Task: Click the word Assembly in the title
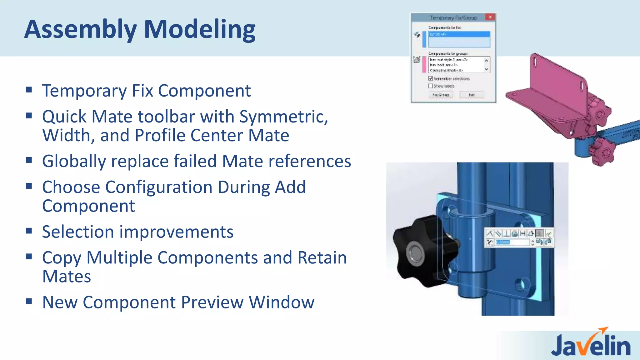pyautogui.click(x=80, y=30)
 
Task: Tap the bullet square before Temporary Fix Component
pyautogui.click(x=29, y=90)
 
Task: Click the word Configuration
pyautogui.click(x=159, y=187)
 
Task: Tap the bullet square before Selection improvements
pyautogui.click(x=29, y=231)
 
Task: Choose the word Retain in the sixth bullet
pyautogui.click(x=322, y=258)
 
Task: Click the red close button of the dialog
pyautogui.click(x=490, y=17)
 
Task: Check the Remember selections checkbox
pyautogui.click(x=431, y=78)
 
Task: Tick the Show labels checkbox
pyautogui.click(x=431, y=86)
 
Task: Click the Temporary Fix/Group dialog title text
pyautogui.click(x=453, y=18)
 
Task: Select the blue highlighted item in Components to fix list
pyautogui.click(x=459, y=34)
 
